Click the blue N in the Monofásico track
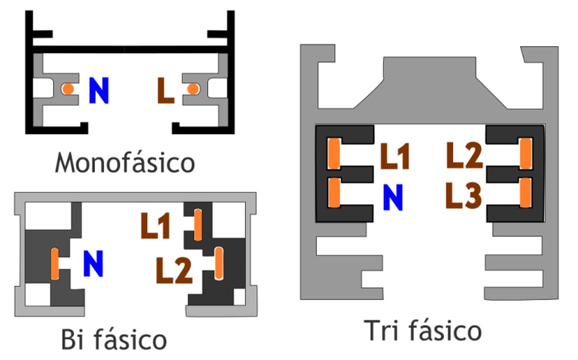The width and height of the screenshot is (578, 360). pos(99,91)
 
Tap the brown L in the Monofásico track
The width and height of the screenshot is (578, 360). pos(166,91)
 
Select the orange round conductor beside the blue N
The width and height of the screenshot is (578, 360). pos(68,89)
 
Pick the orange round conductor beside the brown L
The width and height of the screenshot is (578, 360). pos(193,89)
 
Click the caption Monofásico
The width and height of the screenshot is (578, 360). pos(125,162)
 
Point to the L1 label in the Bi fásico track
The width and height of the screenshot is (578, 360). pos(155,226)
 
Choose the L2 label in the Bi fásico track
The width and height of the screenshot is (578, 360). pos(174,270)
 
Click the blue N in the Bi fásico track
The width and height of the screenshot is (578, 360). pos(93,264)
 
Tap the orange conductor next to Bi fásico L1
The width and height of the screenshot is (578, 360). pos(198,225)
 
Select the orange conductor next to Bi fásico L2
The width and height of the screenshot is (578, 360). pos(219,263)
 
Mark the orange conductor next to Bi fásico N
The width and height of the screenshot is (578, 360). pos(55,264)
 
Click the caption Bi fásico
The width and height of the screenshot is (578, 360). pos(114,339)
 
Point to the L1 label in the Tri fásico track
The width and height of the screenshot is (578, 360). pos(395,156)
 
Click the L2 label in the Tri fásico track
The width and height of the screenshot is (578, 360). pos(464,155)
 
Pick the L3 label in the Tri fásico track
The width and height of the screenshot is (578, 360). pos(464,195)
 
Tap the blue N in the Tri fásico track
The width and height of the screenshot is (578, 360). pos(393,197)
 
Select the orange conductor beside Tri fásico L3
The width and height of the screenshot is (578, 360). pos(525,193)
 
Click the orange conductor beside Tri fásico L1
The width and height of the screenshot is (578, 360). pos(334,154)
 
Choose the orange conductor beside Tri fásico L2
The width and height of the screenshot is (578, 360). pos(526,153)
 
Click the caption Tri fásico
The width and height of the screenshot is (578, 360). pos(423,331)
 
